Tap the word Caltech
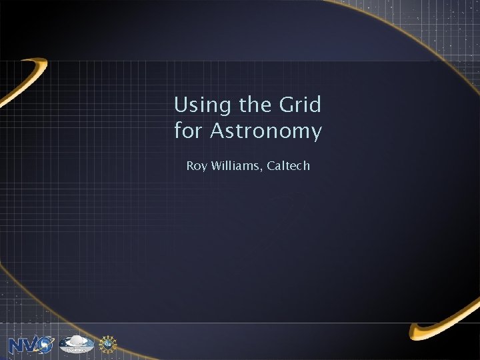tap(288, 165)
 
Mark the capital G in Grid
tap(289, 105)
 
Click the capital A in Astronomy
tap(218, 131)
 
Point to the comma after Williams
tap(262, 169)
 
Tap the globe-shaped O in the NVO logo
tap(44, 345)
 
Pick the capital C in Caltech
tap(270, 165)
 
